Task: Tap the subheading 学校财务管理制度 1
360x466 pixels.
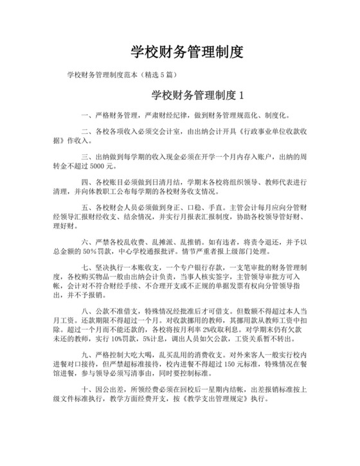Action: [199, 96]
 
